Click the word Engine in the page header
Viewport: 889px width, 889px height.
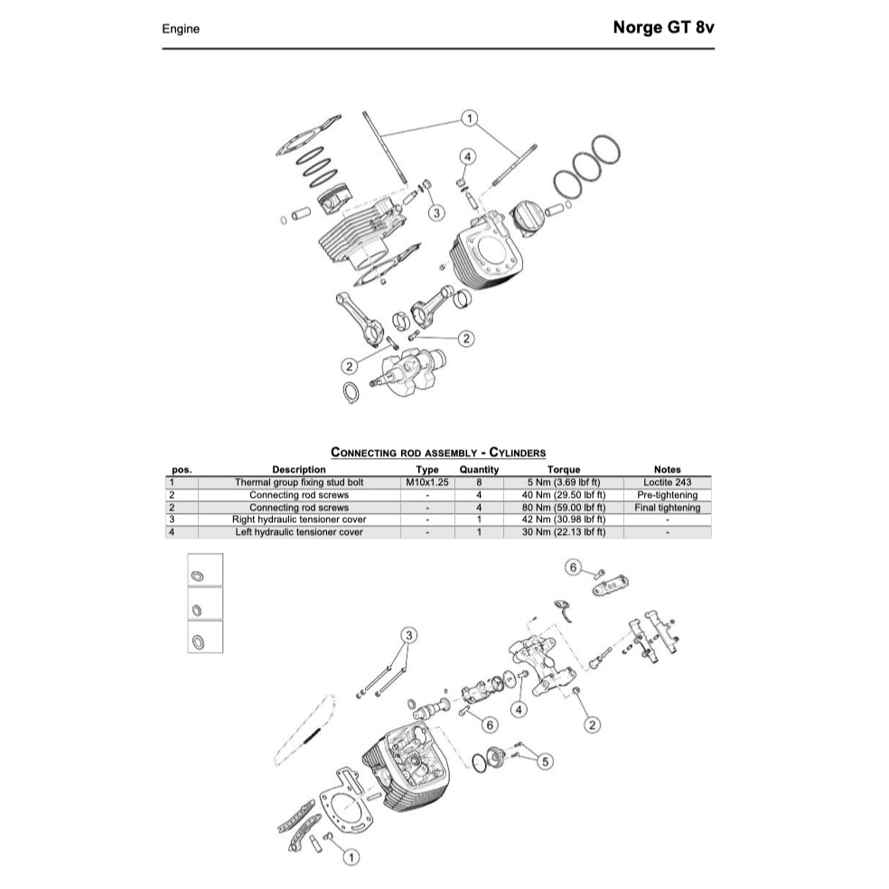tap(181, 29)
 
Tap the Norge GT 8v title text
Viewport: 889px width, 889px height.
tap(663, 27)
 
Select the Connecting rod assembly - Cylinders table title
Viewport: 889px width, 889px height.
tap(438, 452)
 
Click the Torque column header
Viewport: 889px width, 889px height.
tap(563, 470)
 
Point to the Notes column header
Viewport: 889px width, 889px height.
tap(667, 470)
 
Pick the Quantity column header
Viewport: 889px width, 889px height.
tap(479, 470)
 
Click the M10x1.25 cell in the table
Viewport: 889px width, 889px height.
tap(426, 482)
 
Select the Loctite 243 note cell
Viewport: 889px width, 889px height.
tap(667, 482)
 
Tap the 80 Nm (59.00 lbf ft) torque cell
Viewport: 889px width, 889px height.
tap(563, 508)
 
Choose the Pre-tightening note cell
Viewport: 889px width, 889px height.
tap(667, 495)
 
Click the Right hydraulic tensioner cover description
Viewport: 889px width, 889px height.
tap(299, 520)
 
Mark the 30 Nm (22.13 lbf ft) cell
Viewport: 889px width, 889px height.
tap(563, 532)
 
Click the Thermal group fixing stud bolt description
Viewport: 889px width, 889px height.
tap(299, 482)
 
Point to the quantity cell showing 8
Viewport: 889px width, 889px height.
tap(479, 482)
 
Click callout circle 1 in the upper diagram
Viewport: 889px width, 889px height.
tap(469, 117)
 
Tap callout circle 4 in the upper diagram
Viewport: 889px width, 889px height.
tap(467, 157)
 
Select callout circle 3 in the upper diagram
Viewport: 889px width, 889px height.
tap(436, 212)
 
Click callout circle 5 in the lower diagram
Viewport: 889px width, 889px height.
tap(545, 762)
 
